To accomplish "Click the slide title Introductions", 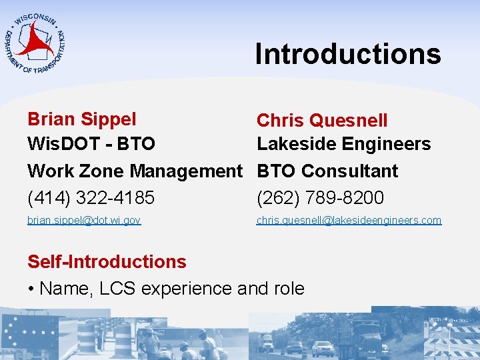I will click(x=347, y=54).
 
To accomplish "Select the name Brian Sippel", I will click(x=81, y=119).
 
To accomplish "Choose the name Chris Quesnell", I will click(x=322, y=121).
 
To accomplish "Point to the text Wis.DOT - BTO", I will click(x=91, y=144).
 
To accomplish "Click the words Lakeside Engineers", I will click(x=343, y=144).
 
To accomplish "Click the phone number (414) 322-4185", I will click(x=91, y=198).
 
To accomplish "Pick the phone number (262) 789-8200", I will click(x=320, y=198).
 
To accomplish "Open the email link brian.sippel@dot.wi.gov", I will click(x=84, y=220).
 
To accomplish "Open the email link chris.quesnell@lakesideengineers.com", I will click(x=349, y=220).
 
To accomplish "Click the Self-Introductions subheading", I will click(x=107, y=261).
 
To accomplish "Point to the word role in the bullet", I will click(x=289, y=289).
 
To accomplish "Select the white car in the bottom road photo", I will click(x=323, y=348).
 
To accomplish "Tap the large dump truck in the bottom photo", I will click(x=363, y=337).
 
